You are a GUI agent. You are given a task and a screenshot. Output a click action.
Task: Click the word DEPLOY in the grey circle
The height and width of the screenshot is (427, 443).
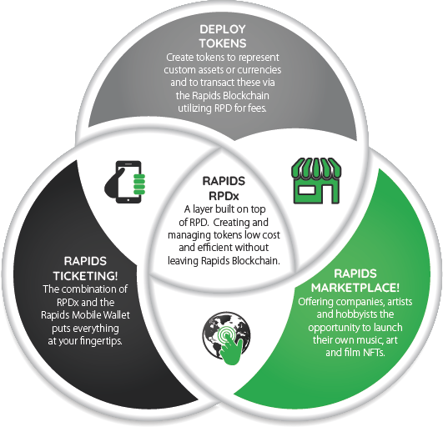coord(223,29)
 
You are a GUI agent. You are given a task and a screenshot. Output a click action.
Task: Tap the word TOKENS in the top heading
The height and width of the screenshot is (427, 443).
coord(223,43)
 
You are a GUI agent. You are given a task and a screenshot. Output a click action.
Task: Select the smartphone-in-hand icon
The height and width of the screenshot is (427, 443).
coord(125,182)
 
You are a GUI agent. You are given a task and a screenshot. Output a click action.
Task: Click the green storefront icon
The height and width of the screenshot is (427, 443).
coord(316,181)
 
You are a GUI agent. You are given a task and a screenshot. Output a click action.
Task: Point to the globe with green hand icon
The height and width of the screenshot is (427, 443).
coord(227,339)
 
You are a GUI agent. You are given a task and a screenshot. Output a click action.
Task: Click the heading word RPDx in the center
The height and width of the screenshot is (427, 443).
coord(224,196)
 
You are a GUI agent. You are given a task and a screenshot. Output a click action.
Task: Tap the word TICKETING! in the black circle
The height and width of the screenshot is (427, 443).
coord(85,276)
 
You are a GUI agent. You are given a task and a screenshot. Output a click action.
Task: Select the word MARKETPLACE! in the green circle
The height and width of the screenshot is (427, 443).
coord(355,288)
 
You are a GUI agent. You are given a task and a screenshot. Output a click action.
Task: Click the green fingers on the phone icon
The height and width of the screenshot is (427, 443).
coord(139,184)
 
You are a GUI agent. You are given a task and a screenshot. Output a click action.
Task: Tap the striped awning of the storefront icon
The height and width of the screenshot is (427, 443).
coord(316,168)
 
